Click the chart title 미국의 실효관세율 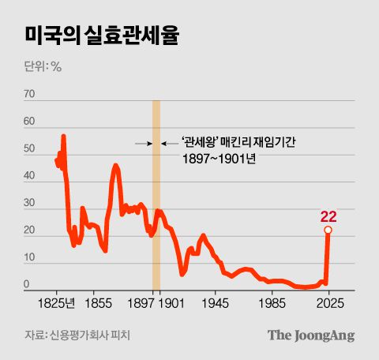106,36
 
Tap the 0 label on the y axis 27,285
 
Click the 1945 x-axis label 215,302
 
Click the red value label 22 328,216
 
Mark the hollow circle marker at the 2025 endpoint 328,230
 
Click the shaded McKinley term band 156,197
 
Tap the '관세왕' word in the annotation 198,142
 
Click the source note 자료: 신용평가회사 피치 77,336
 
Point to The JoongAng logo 310,335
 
